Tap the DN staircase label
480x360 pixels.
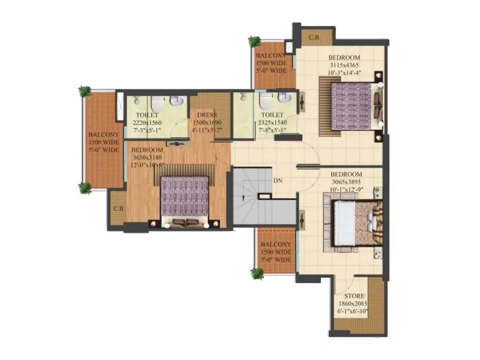(x=278, y=180)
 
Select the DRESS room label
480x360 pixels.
(x=206, y=115)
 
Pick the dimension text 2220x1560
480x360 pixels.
(x=146, y=122)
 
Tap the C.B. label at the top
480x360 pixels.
(x=314, y=38)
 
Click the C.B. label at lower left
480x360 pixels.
(x=118, y=209)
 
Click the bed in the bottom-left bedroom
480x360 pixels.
(x=185, y=197)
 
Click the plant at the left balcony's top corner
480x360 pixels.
(x=85, y=91)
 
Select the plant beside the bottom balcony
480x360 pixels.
(x=257, y=274)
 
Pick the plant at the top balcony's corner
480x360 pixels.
(x=254, y=41)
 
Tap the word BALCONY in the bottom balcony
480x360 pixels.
(x=276, y=245)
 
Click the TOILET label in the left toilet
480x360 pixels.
(x=146, y=115)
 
